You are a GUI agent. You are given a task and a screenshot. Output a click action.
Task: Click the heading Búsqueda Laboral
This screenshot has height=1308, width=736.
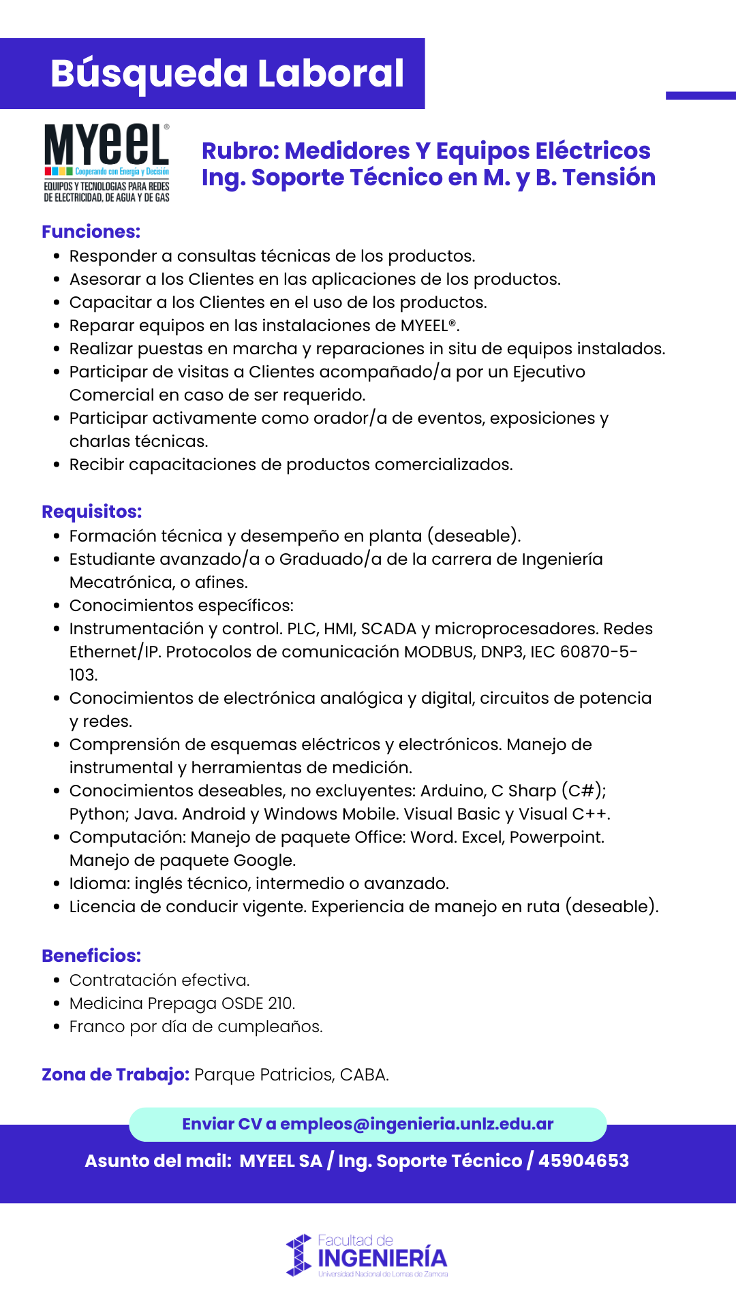[x=227, y=74]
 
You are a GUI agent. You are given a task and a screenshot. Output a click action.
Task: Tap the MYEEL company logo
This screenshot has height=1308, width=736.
[x=107, y=162]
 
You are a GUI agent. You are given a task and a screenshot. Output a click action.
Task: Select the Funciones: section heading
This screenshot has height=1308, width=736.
[x=91, y=232]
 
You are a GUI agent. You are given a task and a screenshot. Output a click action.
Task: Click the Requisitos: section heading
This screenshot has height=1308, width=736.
[x=92, y=512]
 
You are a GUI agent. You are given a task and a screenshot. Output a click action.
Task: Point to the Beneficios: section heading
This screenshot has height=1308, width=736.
[x=91, y=956]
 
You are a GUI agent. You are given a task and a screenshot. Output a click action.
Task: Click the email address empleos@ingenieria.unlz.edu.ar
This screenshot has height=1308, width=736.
[x=416, y=1124]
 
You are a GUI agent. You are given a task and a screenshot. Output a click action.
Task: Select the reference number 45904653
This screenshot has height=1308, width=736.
[x=583, y=1161]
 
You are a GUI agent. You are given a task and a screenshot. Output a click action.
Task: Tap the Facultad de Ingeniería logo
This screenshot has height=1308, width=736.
[x=367, y=1256]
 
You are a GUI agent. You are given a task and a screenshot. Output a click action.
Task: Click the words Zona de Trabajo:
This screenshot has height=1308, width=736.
[x=115, y=1074]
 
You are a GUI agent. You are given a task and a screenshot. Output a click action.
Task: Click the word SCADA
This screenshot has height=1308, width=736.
[x=388, y=629]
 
